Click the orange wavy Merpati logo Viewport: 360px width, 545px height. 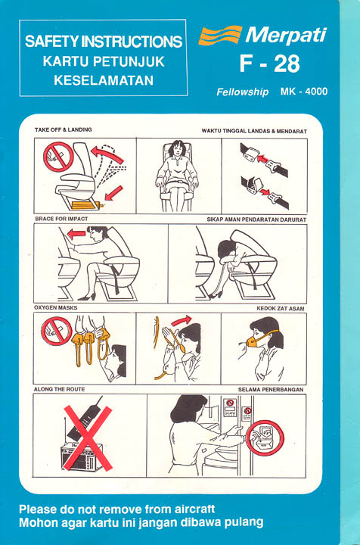pyautogui.click(x=220, y=35)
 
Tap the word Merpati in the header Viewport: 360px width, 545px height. pyautogui.click(x=286, y=36)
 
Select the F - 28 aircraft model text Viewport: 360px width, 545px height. pyautogui.click(x=270, y=64)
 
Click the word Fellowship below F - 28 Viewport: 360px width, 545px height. pyautogui.click(x=242, y=92)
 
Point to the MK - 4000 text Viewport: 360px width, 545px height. pyautogui.click(x=304, y=92)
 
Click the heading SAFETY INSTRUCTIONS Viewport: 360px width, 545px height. pyautogui.click(x=104, y=42)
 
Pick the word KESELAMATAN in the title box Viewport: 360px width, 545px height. pyautogui.click(x=104, y=80)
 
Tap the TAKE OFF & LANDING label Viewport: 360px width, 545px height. pyautogui.click(x=64, y=129)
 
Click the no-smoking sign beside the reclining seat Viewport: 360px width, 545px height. pyautogui.click(x=58, y=157)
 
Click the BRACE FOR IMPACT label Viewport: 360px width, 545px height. pyautogui.click(x=61, y=219)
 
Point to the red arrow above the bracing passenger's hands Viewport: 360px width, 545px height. pyautogui.click(x=76, y=234)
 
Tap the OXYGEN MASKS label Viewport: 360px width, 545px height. pyautogui.click(x=55, y=307)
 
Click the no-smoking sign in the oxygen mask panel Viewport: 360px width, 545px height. pyautogui.click(x=56, y=332)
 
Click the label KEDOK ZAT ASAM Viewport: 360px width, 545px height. pyautogui.click(x=281, y=308)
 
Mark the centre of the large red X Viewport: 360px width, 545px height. pyautogui.click(x=88, y=438)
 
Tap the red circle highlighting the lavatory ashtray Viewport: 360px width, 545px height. pyautogui.click(x=265, y=438)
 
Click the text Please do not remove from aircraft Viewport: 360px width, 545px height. pyautogui.click(x=117, y=509)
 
